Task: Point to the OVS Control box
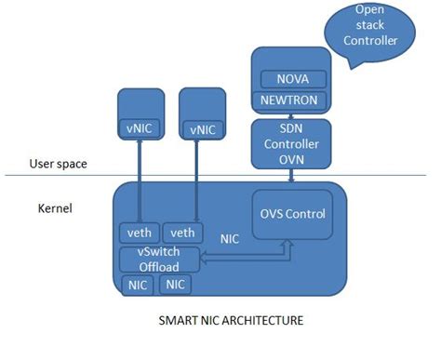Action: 294,214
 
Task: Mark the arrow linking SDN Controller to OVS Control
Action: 291,177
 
